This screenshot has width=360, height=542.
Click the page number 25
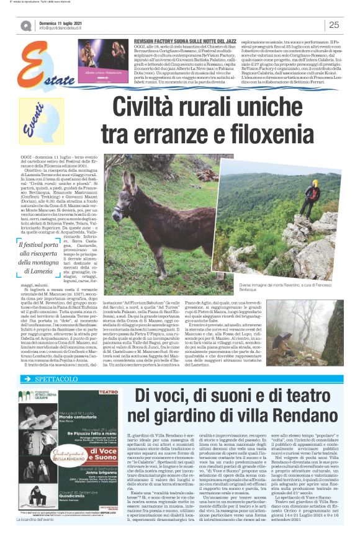click(333, 25)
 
